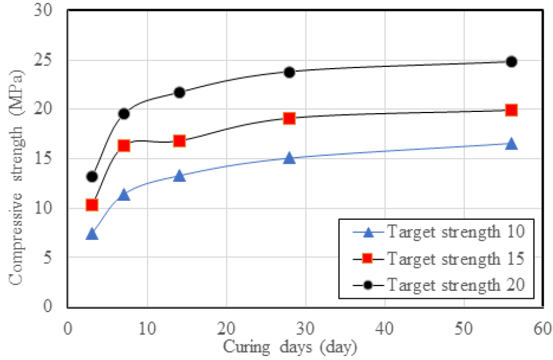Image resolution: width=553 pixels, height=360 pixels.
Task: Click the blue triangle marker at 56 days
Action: click(x=511, y=144)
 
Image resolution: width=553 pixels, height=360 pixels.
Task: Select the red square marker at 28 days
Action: click(x=289, y=118)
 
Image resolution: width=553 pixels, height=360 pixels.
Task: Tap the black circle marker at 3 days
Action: click(x=92, y=177)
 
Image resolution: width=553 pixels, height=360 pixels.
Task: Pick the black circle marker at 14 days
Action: click(x=179, y=92)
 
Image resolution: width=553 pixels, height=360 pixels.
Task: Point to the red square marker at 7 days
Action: click(x=123, y=146)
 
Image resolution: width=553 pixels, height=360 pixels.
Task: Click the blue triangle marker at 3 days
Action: click(x=92, y=234)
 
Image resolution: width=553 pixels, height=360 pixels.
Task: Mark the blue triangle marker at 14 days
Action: click(x=179, y=175)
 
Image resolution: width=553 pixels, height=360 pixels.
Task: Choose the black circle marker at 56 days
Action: click(x=511, y=62)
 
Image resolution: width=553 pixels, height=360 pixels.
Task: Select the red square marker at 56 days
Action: click(x=511, y=110)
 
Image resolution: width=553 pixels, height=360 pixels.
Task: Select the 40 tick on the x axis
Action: click(x=384, y=326)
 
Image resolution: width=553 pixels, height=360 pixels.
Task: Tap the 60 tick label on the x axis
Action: click(x=542, y=326)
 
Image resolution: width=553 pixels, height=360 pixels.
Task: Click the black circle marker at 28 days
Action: click(x=289, y=72)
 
